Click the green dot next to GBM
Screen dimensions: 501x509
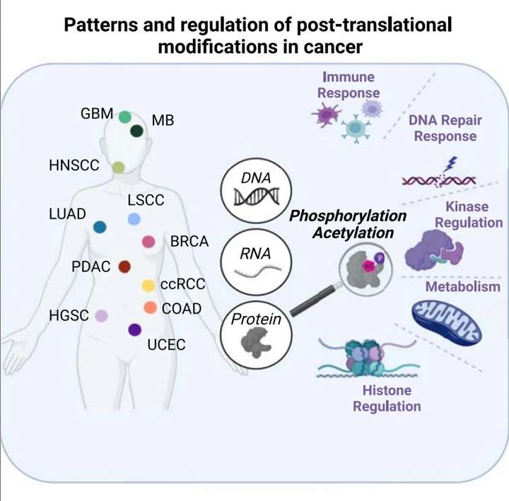pos(126,117)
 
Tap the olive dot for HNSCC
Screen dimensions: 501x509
pos(119,167)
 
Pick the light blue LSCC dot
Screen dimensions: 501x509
pos(134,219)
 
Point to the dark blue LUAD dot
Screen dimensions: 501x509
pos(100,227)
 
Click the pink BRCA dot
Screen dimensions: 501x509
pos(148,242)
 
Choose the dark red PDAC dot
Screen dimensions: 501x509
pos(124,266)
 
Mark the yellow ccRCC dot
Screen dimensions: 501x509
pos(148,285)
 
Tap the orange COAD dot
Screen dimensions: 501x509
pos(150,307)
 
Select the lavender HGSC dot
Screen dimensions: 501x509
pos(102,316)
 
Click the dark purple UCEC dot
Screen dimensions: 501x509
pos(134,329)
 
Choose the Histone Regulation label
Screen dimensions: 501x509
pos(387,398)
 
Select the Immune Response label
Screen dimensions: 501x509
pos(349,84)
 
